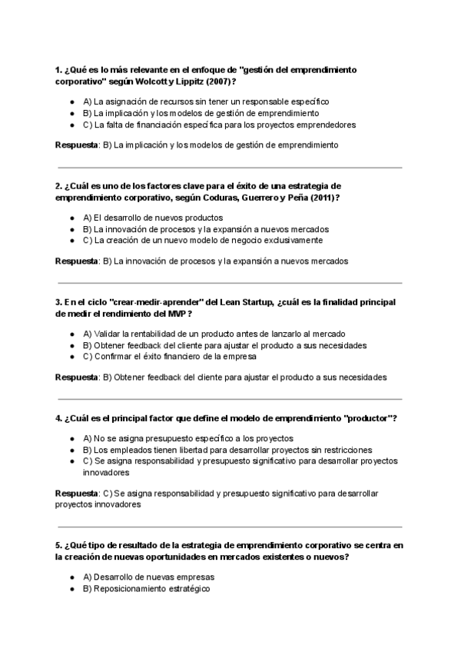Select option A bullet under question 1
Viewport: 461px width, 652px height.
[x=71, y=101]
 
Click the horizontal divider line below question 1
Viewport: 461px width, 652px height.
[x=230, y=167]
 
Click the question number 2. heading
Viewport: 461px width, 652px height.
[x=59, y=186]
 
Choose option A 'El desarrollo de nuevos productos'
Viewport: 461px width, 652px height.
[x=153, y=218]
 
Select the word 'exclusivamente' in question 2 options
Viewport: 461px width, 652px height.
[x=285, y=241]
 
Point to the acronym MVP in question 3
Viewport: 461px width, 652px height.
[x=177, y=314]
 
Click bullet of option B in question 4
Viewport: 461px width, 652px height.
[x=71, y=450]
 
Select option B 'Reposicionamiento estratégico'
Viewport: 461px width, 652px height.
[x=146, y=589]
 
